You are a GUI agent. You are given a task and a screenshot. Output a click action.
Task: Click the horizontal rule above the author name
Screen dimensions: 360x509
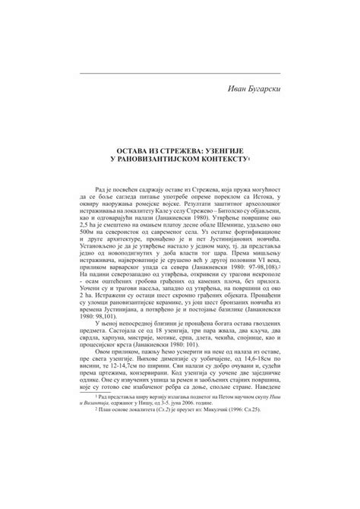tap(179, 72)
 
